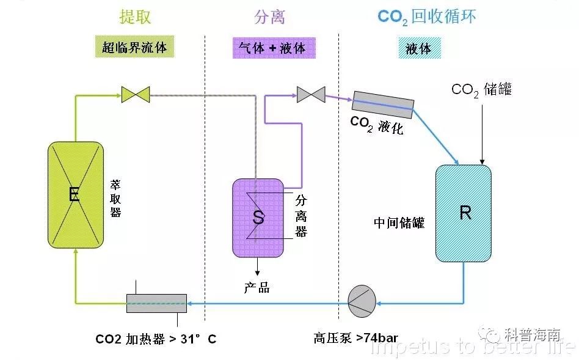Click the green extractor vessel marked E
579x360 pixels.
point(76,195)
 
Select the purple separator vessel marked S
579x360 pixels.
point(258,218)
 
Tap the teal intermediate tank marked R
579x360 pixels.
point(464,213)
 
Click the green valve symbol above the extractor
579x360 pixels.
point(136,95)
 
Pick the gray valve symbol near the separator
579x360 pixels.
point(311,95)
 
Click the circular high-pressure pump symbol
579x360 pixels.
point(362,301)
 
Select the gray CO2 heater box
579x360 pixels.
point(156,303)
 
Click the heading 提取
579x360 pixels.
point(135,17)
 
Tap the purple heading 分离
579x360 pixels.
point(269,17)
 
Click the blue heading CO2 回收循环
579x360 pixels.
point(426,17)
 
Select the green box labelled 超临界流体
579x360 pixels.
point(134,46)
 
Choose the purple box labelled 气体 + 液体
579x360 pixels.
point(274,48)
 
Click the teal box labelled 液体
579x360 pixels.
point(420,48)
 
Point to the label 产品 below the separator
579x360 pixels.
point(257,287)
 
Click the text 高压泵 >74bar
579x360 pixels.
point(355,337)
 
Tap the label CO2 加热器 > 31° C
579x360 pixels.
point(156,339)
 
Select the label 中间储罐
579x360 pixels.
point(399,222)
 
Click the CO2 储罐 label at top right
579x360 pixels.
point(481,90)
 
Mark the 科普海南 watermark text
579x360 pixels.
point(533,334)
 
